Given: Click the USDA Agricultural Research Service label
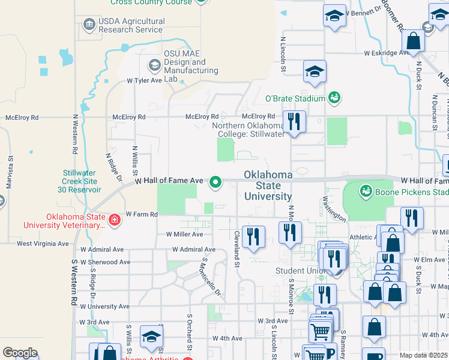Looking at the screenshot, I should point(131,25).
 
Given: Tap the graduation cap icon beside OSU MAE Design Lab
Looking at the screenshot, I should point(154,65).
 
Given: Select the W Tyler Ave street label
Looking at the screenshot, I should point(144,80).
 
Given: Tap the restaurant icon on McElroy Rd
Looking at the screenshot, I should point(294,122).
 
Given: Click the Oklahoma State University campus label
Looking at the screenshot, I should point(268,185).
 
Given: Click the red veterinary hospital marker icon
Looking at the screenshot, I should point(114,221).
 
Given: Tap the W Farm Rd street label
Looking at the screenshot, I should point(142,214).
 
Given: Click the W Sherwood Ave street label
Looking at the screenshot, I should point(105,262).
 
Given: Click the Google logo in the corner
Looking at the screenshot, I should point(20,352).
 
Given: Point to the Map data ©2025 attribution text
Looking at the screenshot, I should point(423,355).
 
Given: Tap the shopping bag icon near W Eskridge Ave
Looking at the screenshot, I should point(414,41).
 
